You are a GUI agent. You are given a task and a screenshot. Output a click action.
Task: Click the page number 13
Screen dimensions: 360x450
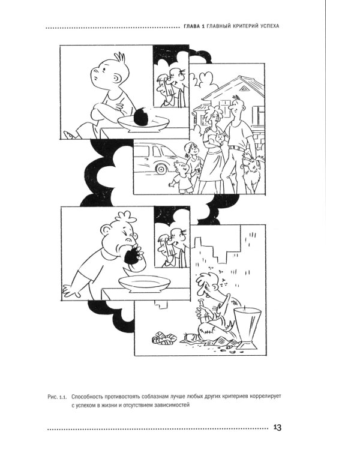[277, 427]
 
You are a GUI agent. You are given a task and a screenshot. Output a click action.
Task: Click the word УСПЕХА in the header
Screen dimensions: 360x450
[270, 26]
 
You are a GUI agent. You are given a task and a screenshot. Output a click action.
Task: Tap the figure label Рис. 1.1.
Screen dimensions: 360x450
[57, 397]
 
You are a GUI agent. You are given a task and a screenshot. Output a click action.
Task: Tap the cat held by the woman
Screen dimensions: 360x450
[220, 139]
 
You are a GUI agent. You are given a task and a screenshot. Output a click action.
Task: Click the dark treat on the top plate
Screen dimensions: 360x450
[142, 116]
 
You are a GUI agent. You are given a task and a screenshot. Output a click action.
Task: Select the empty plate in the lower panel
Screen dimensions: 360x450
[143, 284]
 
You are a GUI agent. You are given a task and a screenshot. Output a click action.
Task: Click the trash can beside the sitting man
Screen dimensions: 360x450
[247, 328]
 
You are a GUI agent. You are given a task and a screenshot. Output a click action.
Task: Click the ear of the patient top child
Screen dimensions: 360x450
[117, 78]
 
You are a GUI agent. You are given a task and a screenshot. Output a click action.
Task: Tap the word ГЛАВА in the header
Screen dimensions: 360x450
[191, 26]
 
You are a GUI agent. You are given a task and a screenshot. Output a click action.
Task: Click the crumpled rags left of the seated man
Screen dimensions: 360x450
[164, 338]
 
